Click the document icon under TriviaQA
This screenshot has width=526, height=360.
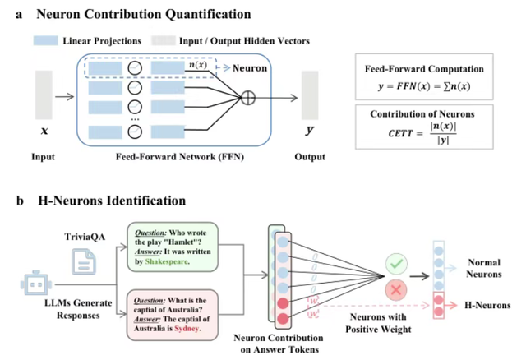82,261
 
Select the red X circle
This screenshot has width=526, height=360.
395,290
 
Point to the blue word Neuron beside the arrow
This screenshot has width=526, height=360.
251,68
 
